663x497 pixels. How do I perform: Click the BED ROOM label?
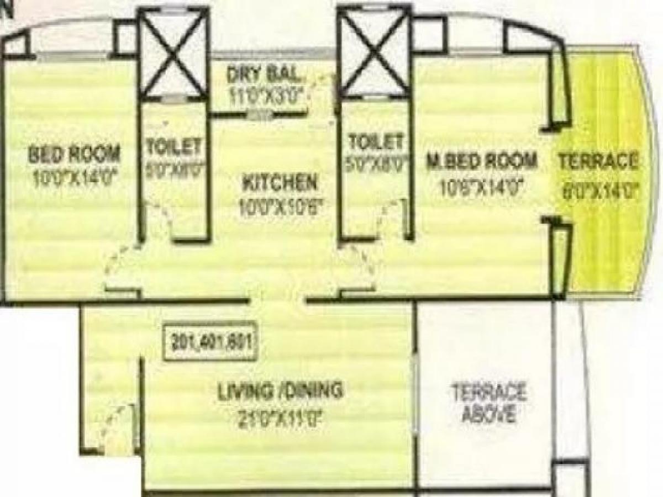coord(75,154)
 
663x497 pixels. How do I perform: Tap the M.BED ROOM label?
coord(482,161)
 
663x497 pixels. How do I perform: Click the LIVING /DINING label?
coord(280,392)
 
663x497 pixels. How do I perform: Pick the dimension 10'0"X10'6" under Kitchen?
coord(281,208)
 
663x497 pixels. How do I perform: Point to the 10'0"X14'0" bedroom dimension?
coord(75,180)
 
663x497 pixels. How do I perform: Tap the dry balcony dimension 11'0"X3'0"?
coord(266,95)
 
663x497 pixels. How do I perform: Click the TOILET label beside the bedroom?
coord(173,146)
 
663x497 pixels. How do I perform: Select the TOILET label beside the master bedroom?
coord(376,142)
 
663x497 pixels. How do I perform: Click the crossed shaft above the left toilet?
coord(172,52)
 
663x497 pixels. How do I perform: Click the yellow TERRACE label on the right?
coord(597,162)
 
